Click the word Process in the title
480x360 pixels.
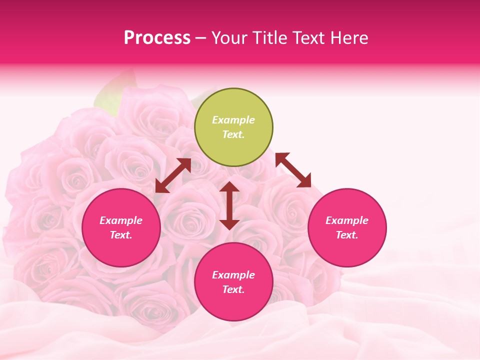click(157, 38)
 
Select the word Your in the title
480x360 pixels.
click(227, 38)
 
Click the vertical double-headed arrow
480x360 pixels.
click(229, 205)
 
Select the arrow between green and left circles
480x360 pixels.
click(173, 175)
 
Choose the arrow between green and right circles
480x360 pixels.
click(293, 170)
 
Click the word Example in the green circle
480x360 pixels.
click(233, 120)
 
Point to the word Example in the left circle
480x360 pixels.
click(121, 220)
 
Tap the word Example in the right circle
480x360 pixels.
click(347, 220)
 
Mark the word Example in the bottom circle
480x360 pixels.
click(233, 275)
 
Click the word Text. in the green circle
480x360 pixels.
click(233, 134)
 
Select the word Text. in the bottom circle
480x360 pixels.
click(233, 289)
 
